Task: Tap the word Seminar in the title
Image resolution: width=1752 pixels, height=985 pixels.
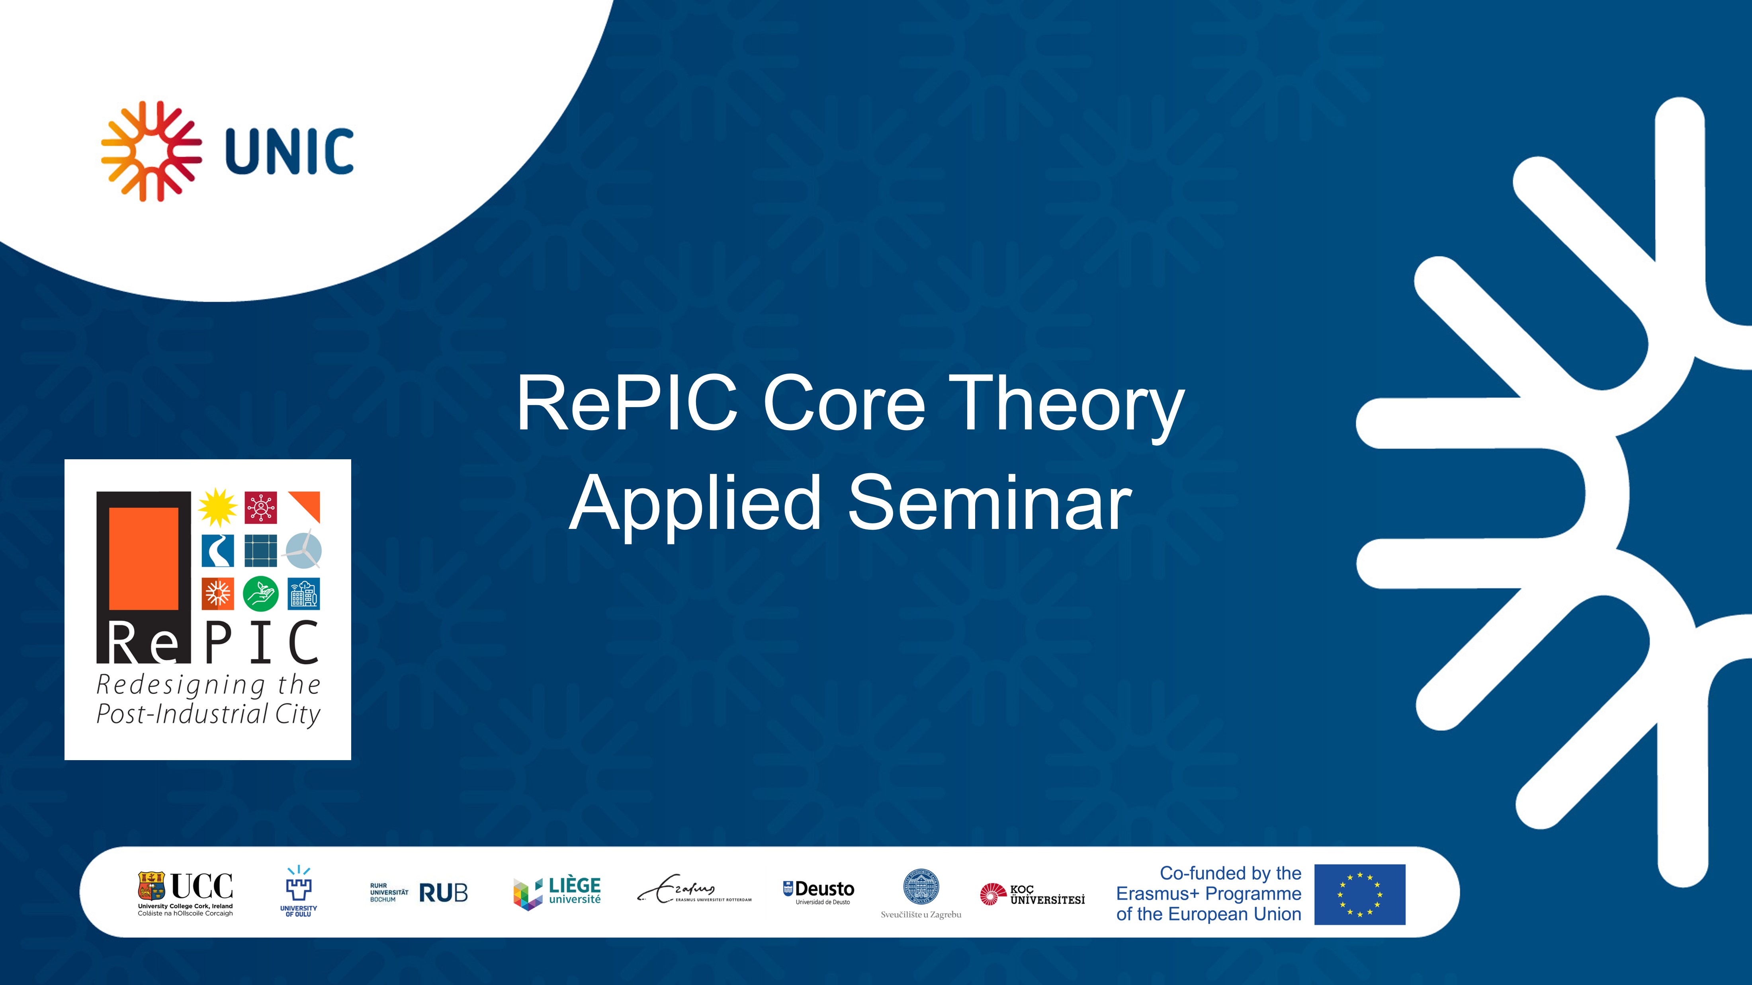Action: point(989,504)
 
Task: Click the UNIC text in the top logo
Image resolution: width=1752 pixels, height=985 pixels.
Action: point(289,151)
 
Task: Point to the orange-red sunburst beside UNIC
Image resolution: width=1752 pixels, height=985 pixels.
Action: point(151,151)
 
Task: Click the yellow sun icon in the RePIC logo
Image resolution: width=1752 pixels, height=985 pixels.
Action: point(218,507)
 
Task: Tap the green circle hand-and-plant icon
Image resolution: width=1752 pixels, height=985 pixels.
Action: point(260,593)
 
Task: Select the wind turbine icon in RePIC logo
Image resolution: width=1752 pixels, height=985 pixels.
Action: point(303,549)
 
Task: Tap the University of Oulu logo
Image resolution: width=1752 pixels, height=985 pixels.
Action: point(299,891)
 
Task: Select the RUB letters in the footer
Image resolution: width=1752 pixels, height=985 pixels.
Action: point(444,893)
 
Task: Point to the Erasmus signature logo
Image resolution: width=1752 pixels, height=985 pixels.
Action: point(694,889)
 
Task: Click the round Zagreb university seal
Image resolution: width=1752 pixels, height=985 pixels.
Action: point(921,887)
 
